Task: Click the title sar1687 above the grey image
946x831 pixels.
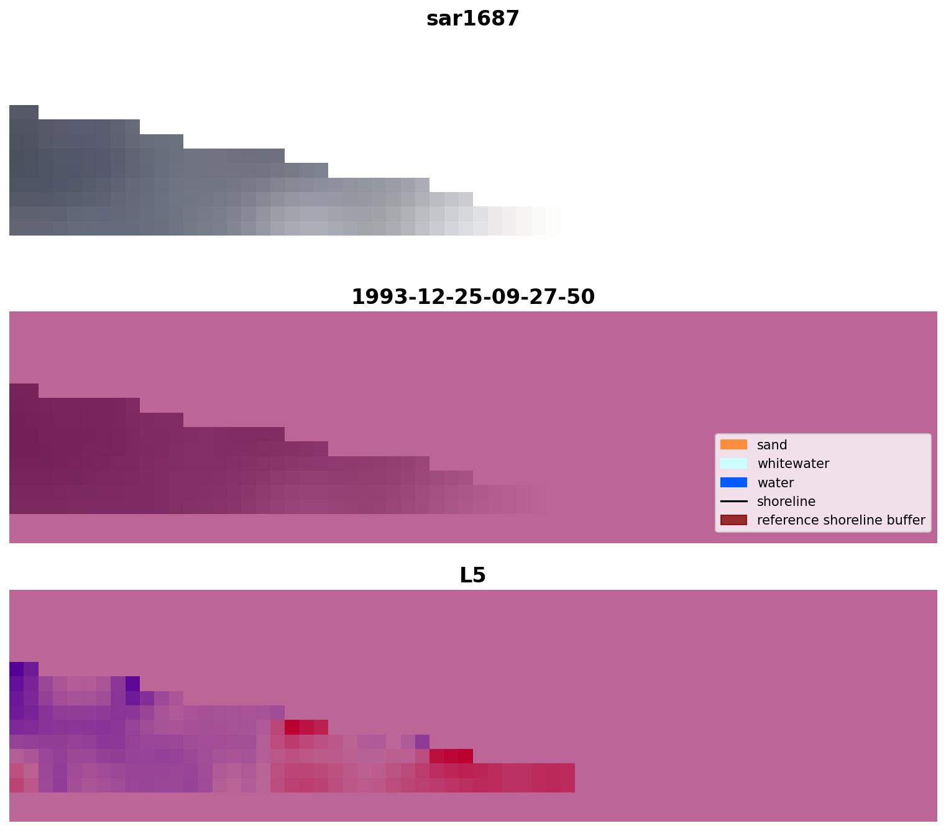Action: point(472,19)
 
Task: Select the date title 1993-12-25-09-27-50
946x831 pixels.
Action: point(472,297)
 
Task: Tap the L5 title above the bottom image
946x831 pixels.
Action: point(472,576)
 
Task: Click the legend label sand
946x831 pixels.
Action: point(772,445)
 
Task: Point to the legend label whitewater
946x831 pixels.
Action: point(793,464)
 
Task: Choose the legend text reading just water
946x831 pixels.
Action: point(775,483)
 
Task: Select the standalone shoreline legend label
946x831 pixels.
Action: point(786,502)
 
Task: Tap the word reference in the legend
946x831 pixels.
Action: point(786,520)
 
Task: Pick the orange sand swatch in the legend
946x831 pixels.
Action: point(733,445)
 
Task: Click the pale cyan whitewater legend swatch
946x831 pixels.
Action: point(733,464)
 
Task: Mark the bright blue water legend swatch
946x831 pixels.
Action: point(733,483)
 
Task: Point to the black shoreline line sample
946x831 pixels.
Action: point(733,502)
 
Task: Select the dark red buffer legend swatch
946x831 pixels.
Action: point(733,520)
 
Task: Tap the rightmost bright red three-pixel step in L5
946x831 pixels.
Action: point(451,756)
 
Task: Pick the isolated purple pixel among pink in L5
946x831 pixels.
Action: point(422,741)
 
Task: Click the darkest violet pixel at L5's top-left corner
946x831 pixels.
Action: point(17,669)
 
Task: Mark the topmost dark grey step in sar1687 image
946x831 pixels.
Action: point(24,112)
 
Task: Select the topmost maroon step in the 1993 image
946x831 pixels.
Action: point(24,391)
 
